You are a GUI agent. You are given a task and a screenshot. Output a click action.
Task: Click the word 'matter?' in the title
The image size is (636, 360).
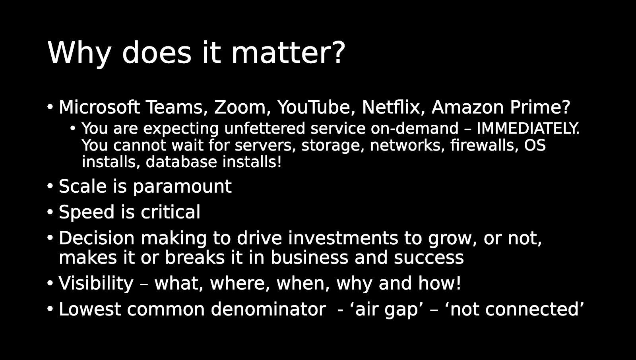(x=288, y=52)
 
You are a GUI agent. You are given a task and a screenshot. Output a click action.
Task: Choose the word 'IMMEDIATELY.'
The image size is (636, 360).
(x=528, y=128)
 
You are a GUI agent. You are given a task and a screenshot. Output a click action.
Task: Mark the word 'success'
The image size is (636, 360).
(x=429, y=257)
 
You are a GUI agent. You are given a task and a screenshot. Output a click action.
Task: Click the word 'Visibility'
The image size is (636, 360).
(x=96, y=283)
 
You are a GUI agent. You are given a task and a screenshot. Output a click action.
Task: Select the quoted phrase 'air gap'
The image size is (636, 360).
(x=386, y=309)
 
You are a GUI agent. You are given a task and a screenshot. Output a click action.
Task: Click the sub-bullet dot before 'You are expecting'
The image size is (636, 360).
(x=73, y=129)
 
